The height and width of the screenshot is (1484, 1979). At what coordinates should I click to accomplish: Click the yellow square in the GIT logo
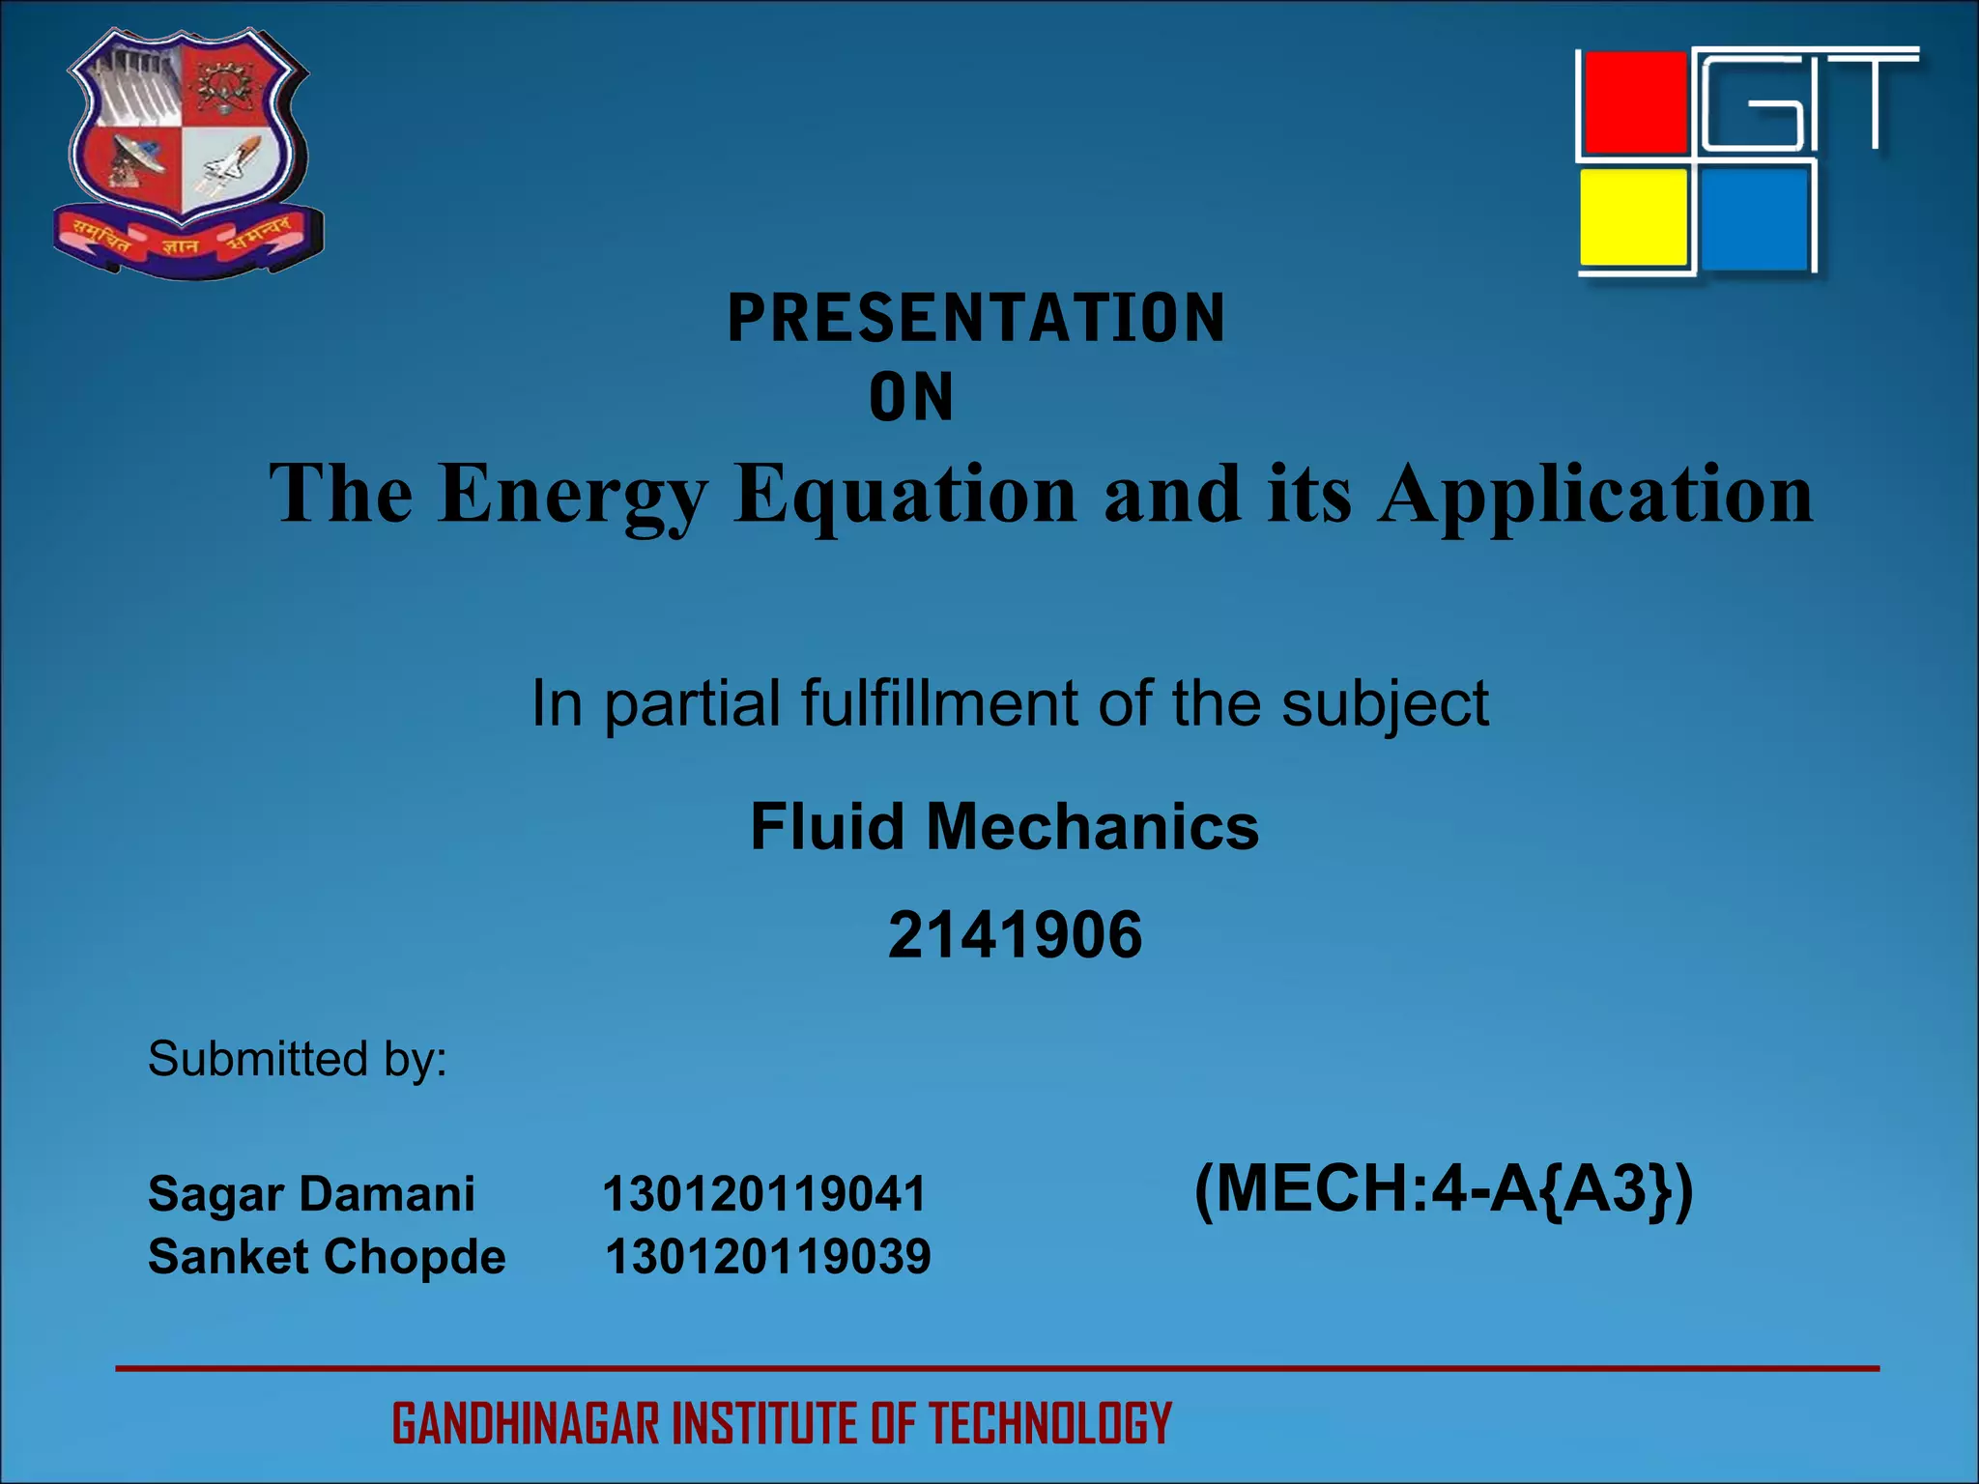[x=1633, y=217]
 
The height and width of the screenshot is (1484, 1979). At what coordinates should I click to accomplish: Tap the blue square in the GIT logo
[x=1754, y=219]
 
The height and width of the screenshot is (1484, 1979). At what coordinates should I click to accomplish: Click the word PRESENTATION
[x=976, y=318]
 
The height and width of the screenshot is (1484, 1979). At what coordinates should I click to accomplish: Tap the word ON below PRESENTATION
[x=910, y=397]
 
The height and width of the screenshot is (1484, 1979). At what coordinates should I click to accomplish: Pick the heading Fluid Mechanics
[x=1004, y=827]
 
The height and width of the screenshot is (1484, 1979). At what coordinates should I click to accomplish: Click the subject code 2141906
[x=1015, y=935]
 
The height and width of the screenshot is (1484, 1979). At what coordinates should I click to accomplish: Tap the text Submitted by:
[x=297, y=1059]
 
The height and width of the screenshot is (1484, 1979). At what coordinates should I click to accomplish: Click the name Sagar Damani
[x=311, y=1193]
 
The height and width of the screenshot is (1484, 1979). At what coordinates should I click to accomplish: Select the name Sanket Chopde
[x=327, y=1257]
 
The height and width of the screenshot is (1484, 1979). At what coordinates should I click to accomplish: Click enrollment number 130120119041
[x=763, y=1194]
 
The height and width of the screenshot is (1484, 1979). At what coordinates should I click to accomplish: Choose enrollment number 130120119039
[x=767, y=1257]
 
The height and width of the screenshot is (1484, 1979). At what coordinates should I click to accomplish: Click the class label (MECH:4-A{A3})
[x=1444, y=1189]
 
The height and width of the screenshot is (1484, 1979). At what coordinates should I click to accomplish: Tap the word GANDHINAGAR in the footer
[x=527, y=1424]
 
